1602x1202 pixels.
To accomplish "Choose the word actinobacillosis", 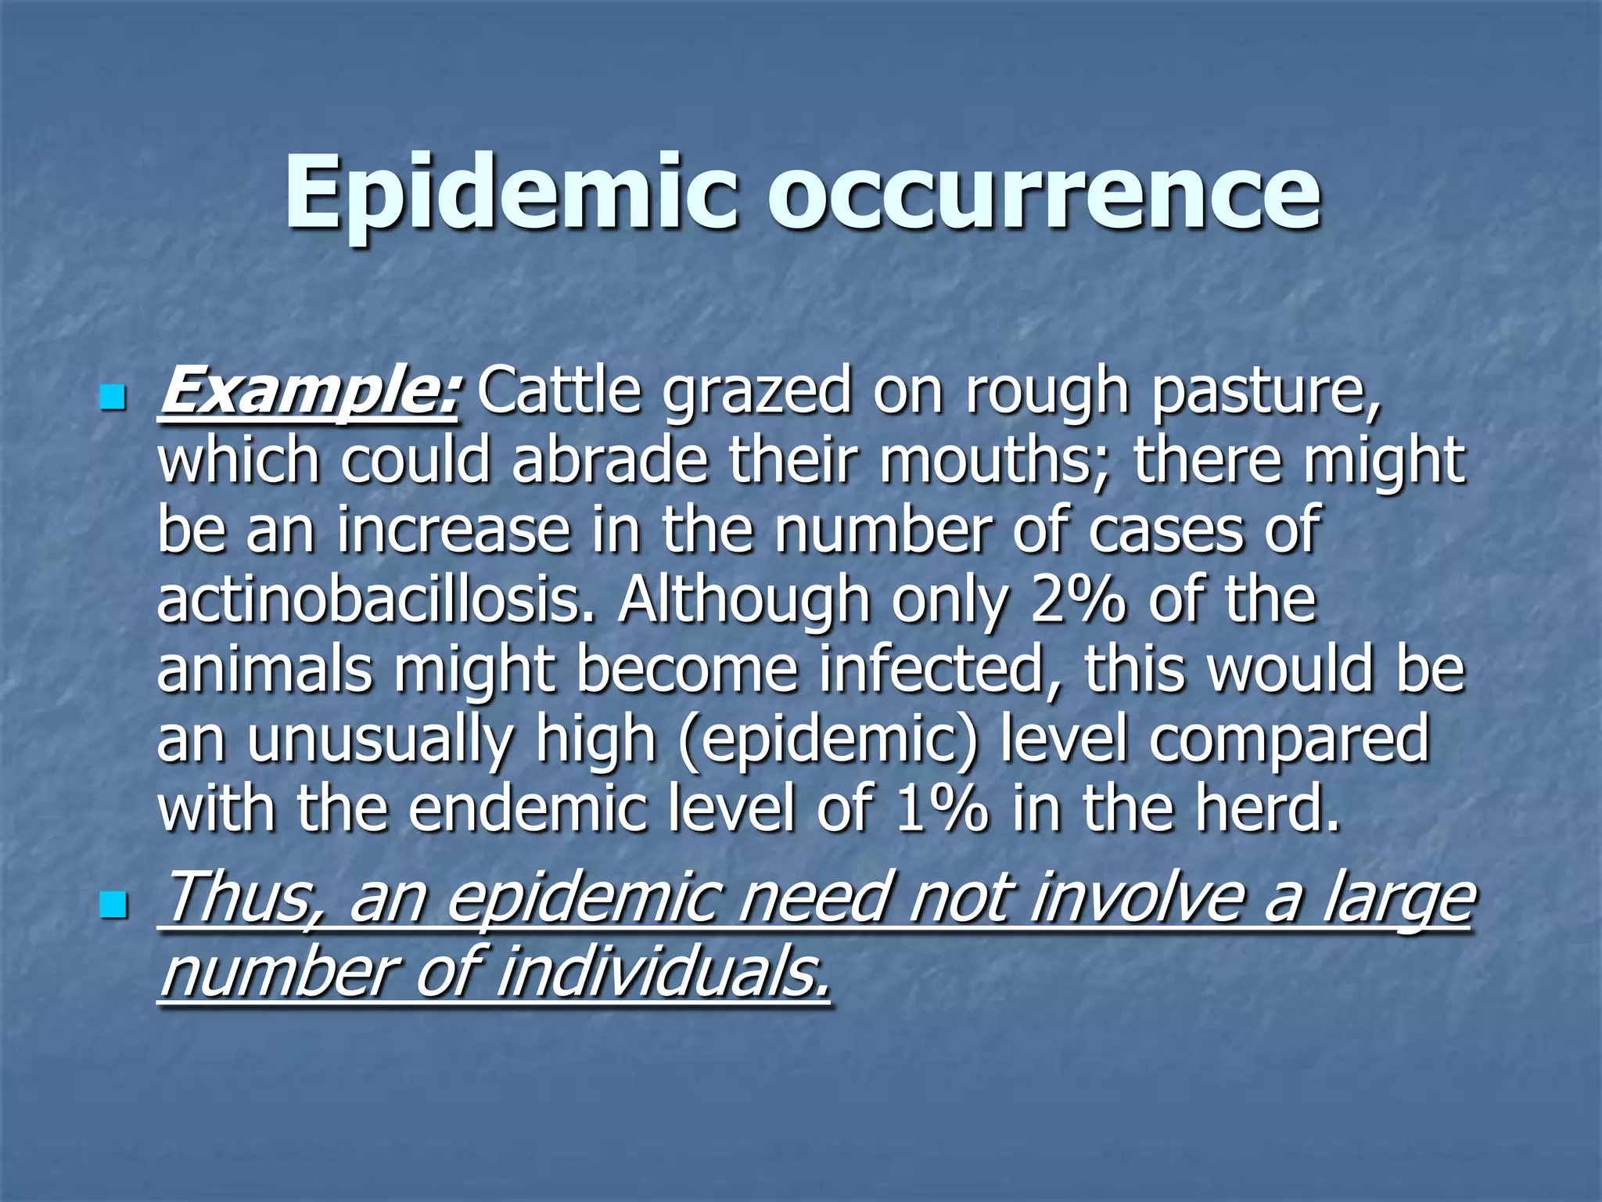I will click(x=375, y=600).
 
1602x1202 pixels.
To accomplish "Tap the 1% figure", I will click(x=942, y=810).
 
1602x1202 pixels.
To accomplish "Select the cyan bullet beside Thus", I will click(x=113, y=907).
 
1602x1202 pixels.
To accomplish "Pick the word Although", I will click(x=744, y=602).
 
